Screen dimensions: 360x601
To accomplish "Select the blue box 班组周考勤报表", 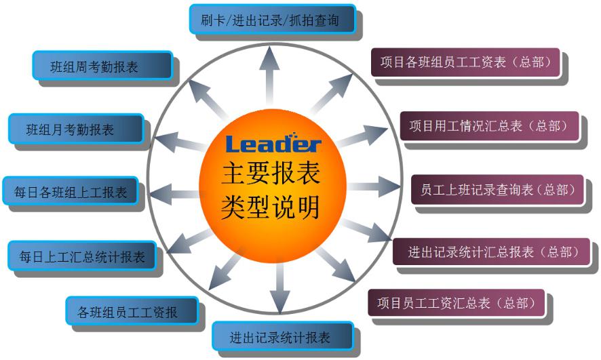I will tap(102, 66).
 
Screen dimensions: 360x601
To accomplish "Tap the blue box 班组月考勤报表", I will tap(76, 129).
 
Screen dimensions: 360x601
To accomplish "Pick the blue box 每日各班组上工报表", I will tap(71, 192).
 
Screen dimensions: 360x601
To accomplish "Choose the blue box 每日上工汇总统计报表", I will tap(81, 256).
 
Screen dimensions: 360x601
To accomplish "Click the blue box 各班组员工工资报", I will tap(132, 312).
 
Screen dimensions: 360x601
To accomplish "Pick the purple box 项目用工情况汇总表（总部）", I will tap(488, 125).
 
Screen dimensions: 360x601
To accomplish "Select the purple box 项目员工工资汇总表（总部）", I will tap(456, 303).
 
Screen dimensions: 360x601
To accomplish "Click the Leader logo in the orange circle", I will tap(272, 144).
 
